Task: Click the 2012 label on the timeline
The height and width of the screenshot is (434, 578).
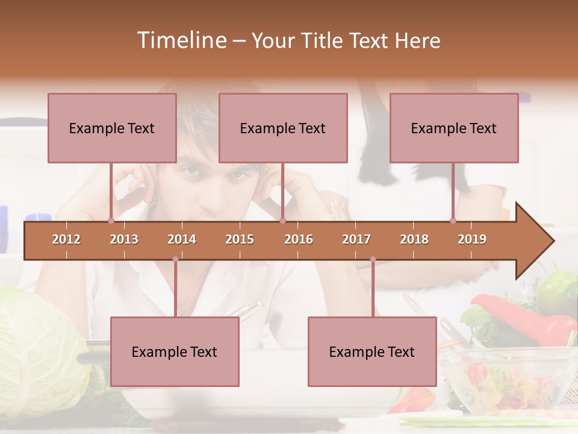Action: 66,239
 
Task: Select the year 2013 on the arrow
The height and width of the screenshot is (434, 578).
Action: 124,239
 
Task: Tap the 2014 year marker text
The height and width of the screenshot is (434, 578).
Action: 182,239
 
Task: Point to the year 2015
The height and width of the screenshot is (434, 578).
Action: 240,239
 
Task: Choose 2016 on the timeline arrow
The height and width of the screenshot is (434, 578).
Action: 299,239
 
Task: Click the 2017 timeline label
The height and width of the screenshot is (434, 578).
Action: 356,239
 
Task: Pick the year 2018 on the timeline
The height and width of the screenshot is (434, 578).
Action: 414,239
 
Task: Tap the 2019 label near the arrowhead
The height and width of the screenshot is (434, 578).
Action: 472,239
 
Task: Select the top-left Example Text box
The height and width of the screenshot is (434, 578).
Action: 112,128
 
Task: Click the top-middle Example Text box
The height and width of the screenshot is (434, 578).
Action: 283,128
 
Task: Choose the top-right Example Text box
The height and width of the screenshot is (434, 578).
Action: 454,128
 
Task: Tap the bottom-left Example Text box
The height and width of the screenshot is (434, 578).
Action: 175,351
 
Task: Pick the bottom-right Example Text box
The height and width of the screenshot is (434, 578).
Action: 372,351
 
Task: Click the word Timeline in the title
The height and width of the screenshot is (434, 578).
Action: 181,40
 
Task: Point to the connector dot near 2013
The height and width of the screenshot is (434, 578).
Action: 111,221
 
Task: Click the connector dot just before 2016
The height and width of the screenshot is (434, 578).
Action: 282,221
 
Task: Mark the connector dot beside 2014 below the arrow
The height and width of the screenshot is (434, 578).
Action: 175,259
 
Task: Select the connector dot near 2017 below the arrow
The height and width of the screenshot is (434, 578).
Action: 373,259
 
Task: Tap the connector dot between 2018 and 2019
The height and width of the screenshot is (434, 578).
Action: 453,221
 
